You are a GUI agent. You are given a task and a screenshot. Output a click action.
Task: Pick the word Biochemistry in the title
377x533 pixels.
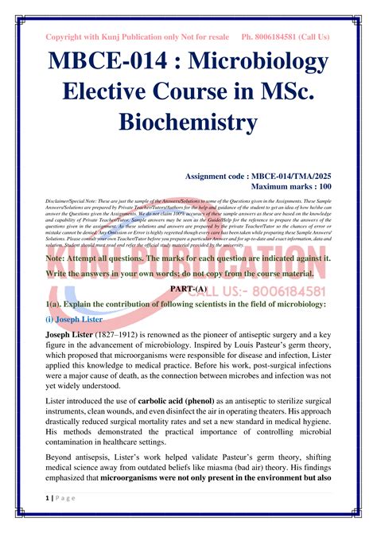point(188,123)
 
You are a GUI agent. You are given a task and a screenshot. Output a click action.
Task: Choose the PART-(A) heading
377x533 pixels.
point(188,289)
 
